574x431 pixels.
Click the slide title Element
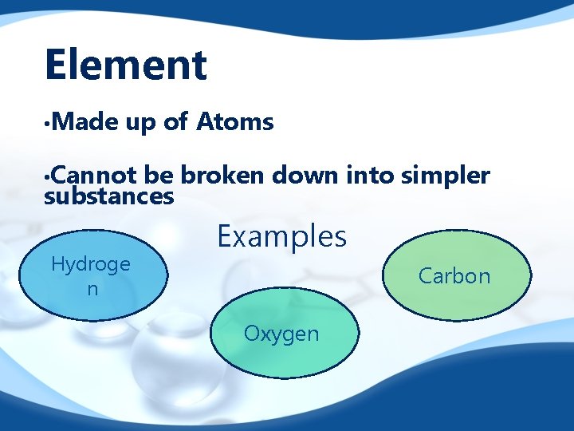tap(126, 65)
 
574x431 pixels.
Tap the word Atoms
tap(235, 122)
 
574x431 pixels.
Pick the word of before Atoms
tap(175, 122)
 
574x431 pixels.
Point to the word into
tap(366, 176)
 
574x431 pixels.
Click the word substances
tap(109, 196)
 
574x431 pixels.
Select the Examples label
tap(281, 236)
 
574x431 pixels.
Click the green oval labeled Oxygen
tap(281, 334)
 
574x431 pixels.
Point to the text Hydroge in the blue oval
tap(90, 264)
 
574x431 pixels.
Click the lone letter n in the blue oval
tap(92, 289)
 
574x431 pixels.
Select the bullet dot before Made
tap(49, 124)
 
